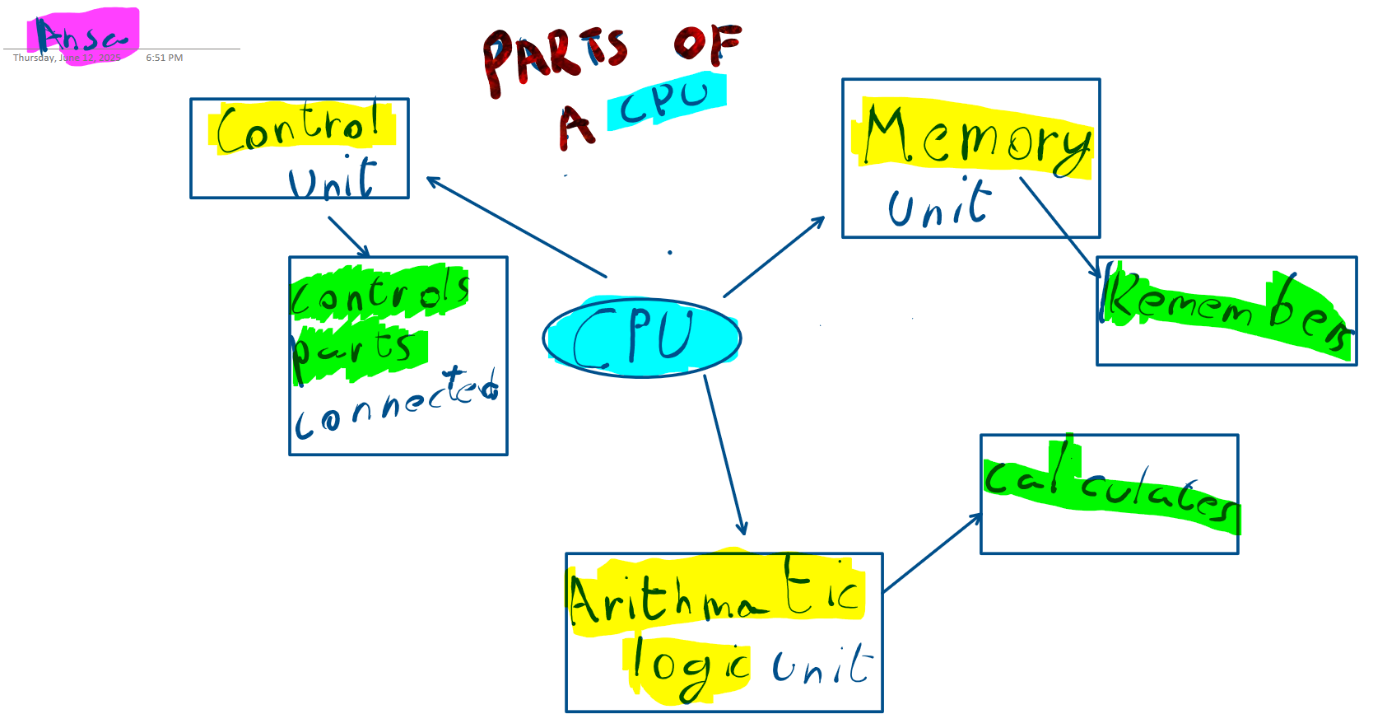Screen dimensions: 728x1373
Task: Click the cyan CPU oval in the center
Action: coord(641,338)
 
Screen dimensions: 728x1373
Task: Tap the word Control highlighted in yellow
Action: coord(301,128)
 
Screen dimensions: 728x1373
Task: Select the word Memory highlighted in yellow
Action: coord(976,138)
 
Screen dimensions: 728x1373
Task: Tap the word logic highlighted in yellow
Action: coord(688,667)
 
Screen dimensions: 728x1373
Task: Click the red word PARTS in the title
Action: coord(555,58)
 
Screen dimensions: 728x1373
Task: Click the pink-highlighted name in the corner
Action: coord(82,37)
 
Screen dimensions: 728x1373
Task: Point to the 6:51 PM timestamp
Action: coord(165,58)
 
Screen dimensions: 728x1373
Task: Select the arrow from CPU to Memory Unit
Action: coord(774,256)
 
